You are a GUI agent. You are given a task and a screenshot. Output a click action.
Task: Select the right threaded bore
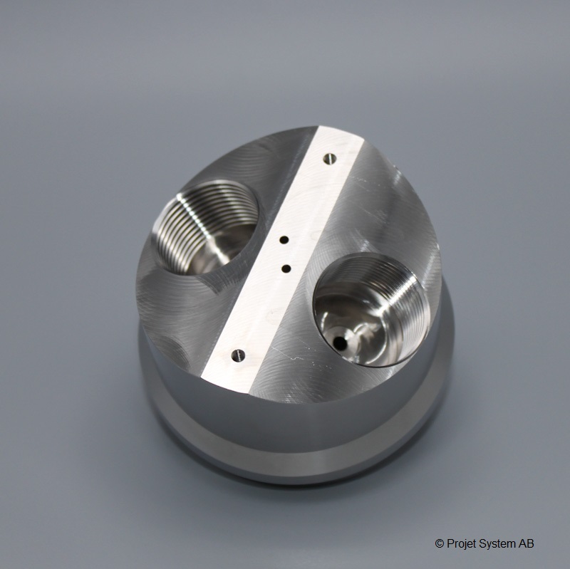[x=371, y=310]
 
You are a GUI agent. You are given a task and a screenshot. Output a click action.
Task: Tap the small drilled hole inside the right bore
[x=340, y=342]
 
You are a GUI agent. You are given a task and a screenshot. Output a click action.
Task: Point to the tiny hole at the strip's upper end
[x=330, y=158]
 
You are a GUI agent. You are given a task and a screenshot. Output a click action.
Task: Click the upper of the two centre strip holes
[x=284, y=240]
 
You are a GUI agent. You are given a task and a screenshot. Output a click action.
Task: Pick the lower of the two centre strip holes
[x=286, y=269]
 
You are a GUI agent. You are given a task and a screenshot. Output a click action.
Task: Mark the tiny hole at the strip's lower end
[x=239, y=355]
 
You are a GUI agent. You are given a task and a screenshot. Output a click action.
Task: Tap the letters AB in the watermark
[x=527, y=543]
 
